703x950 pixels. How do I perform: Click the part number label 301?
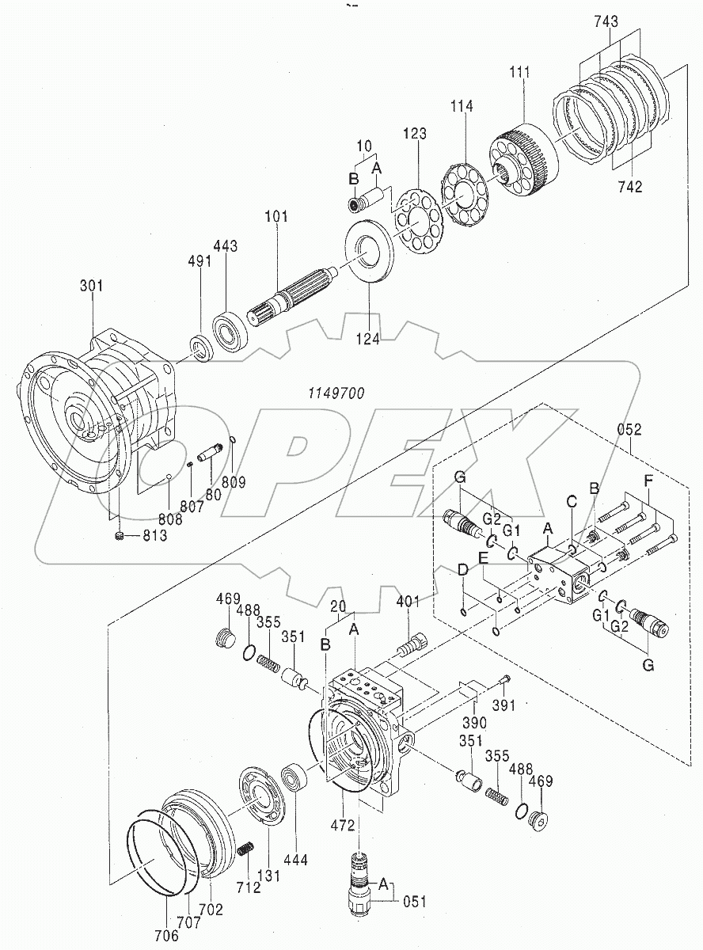92,286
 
